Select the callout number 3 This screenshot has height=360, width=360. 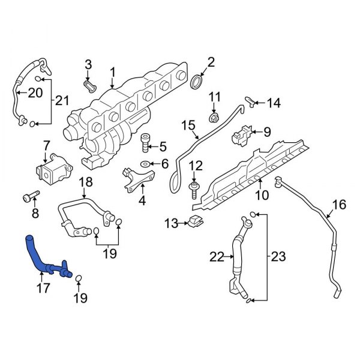pyautogui.click(x=88, y=64)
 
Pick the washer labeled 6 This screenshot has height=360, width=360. pyautogui.click(x=146, y=164)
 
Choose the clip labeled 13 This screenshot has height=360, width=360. pyautogui.click(x=194, y=222)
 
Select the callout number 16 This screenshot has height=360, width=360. pyautogui.click(x=339, y=205)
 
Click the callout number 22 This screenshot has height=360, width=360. pyautogui.click(x=216, y=257)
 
